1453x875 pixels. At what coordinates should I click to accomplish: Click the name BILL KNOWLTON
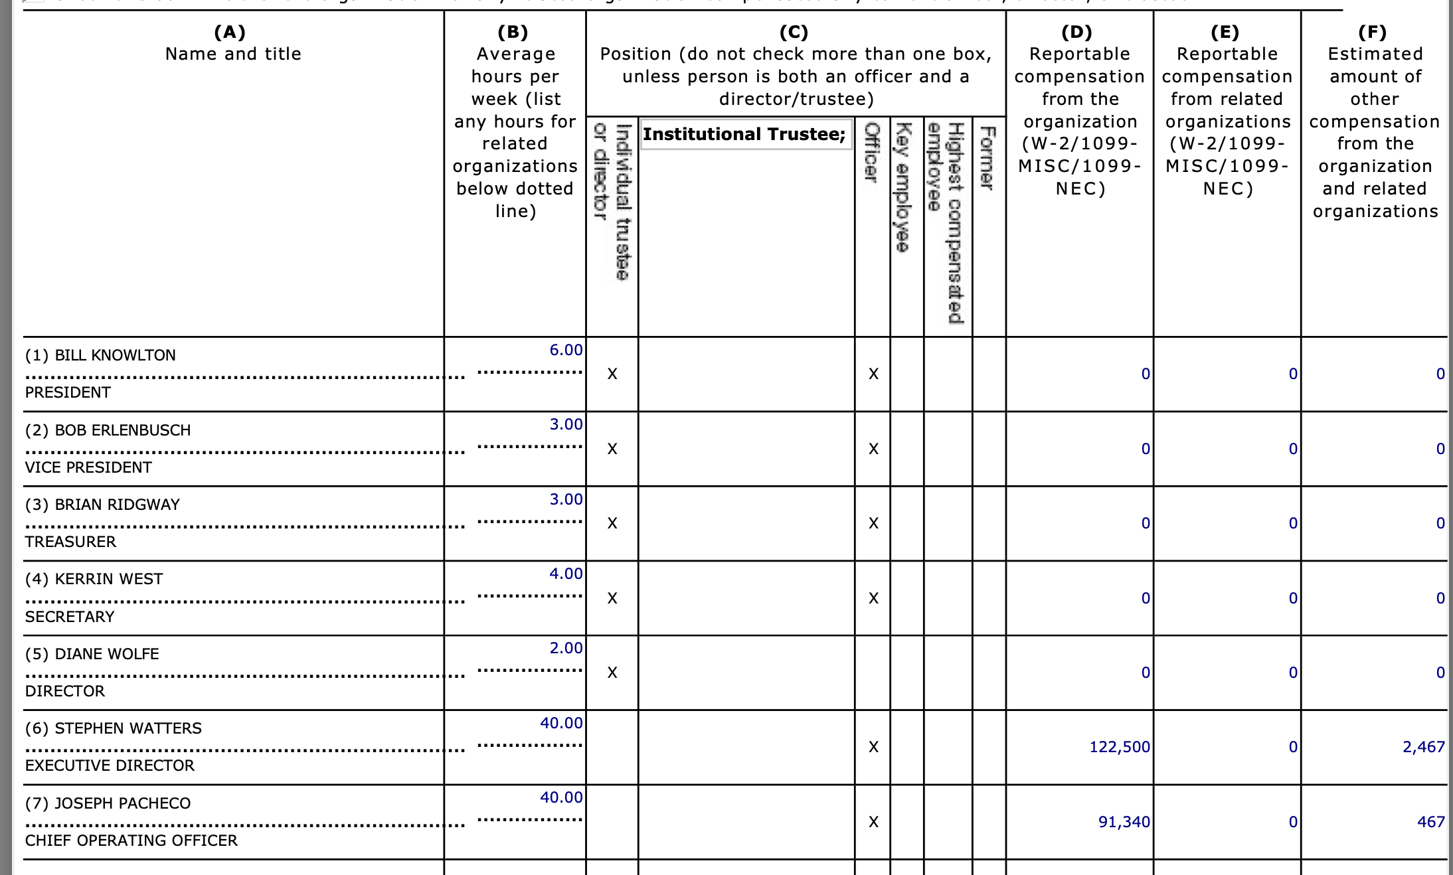click(x=115, y=355)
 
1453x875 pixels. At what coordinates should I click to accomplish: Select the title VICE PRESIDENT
click(x=88, y=467)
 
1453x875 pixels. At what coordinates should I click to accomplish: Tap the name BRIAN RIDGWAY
click(x=117, y=505)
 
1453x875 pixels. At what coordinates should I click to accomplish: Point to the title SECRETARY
click(x=70, y=617)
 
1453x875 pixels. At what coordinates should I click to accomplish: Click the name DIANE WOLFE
click(x=106, y=654)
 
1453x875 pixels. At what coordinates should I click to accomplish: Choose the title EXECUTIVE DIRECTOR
click(x=110, y=765)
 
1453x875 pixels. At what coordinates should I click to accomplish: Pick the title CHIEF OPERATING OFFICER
click(x=131, y=840)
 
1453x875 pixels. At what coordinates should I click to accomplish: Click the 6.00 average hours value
click(x=566, y=350)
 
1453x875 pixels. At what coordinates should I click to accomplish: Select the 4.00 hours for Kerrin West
click(x=566, y=574)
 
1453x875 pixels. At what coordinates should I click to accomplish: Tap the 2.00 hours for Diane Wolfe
click(x=566, y=648)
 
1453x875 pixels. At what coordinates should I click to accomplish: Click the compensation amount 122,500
click(x=1119, y=747)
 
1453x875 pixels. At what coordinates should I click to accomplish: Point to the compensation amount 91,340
click(x=1124, y=822)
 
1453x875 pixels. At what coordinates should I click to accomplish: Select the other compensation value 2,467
click(x=1423, y=747)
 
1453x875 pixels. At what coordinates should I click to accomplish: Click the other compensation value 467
click(x=1430, y=822)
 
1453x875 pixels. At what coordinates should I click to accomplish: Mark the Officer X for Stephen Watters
click(x=873, y=748)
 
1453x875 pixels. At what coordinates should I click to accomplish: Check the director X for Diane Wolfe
click(x=612, y=673)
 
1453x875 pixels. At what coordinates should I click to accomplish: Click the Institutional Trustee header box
click(x=744, y=134)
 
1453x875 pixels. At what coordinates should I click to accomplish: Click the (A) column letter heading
click(x=230, y=32)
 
